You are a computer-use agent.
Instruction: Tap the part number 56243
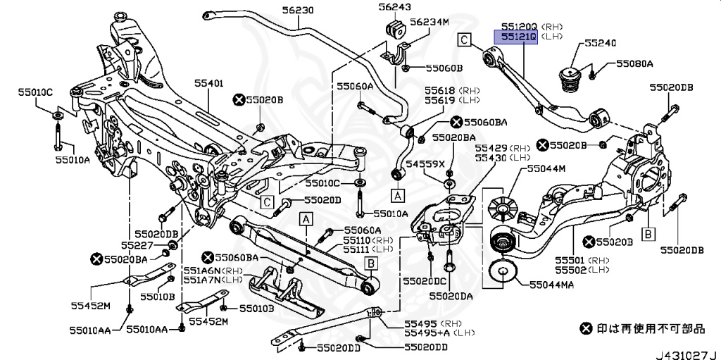point(395,7)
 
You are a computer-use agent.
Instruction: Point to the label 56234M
point(429,22)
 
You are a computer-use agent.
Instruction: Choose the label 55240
point(600,43)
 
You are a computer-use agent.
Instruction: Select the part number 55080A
point(634,63)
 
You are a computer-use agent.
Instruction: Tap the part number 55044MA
point(551,285)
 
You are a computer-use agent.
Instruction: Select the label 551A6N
point(202,271)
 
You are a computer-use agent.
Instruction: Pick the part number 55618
point(439,91)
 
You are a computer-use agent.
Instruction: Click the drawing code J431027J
point(687,355)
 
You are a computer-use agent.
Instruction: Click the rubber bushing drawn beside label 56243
point(395,28)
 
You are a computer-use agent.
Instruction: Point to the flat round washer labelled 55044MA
point(503,273)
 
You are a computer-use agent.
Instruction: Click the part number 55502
point(570,270)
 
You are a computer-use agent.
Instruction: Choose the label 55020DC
point(425,281)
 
